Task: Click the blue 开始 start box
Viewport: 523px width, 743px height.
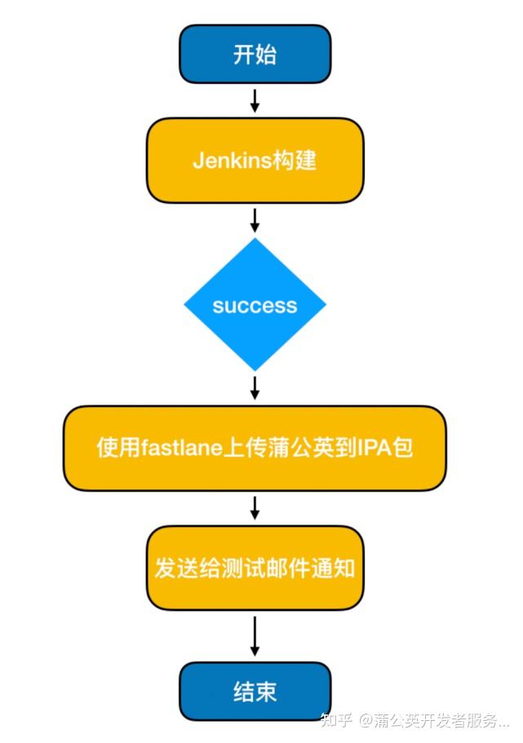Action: pos(255,55)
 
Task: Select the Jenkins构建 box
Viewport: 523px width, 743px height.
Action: pos(255,161)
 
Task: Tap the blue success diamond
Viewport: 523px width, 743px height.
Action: pos(255,305)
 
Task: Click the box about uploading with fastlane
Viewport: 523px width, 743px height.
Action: pos(255,449)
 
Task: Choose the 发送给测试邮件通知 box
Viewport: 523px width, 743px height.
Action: pos(255,568)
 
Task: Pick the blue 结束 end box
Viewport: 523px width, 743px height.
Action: pos(255,692)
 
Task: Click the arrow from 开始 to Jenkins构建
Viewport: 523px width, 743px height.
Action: pos(255,100)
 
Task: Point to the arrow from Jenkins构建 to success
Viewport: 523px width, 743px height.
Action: pos(255,219)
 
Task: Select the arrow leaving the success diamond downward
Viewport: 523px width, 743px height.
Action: pos(255,388)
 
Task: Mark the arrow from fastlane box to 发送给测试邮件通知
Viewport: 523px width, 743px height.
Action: pos(255,507)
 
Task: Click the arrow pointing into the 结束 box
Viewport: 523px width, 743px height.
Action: pos(255,636)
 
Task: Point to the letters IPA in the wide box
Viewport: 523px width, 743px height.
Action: pos(372,449)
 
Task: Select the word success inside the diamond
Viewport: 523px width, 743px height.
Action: pos(255,306)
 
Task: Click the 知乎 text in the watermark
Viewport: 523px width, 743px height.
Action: pos(337,721)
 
